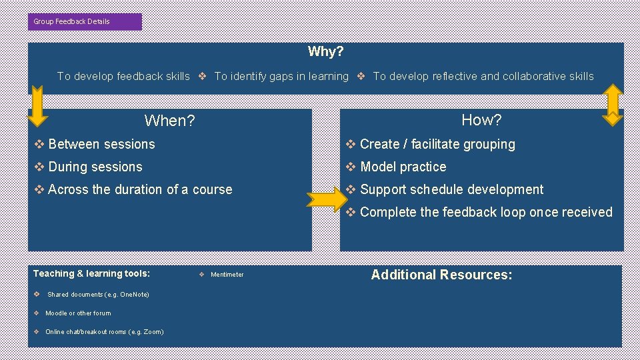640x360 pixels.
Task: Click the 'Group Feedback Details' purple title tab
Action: pyautogui.click(x=85, y=21)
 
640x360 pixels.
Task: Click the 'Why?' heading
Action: pyautogui.click(x=325, y=51)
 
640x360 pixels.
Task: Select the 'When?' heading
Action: pyautogui.click(x=169, y=121)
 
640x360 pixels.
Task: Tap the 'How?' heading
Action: pyautogui.click(x=481, y=120)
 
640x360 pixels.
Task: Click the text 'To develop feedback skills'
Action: pyautogui.click(x=123, y=76)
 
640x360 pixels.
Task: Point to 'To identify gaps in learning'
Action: pyautogui.click(x=281, y=76)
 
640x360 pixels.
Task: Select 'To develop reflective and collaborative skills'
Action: pyautogui.click(x=483, y=76)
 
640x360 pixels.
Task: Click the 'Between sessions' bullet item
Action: pyautogui.click(x=101, y=144)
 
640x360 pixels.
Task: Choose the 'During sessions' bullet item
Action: pyautogui.click(x=95, y=167)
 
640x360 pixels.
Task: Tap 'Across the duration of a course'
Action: pyautogui.click(x=140, y=189)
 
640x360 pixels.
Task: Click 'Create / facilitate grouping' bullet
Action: pyautogui.click(x=437, y=144)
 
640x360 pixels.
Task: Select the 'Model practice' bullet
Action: pyautogui.click(x=403, y=167)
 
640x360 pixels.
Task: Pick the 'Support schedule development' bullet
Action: pyautogui.click(x=451, y=189)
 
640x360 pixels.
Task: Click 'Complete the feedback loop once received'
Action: pyautogui.click(x=485, y=212)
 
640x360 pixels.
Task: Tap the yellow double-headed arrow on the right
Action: pyautogui.click(x=612, y=105)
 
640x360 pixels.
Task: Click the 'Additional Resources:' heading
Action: pyautogui.click(x=441, y=275)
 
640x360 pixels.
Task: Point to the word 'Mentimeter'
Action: pyautogui.click(x=227, y=275)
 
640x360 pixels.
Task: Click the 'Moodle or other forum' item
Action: pyautogui.click(x=78, y=313)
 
